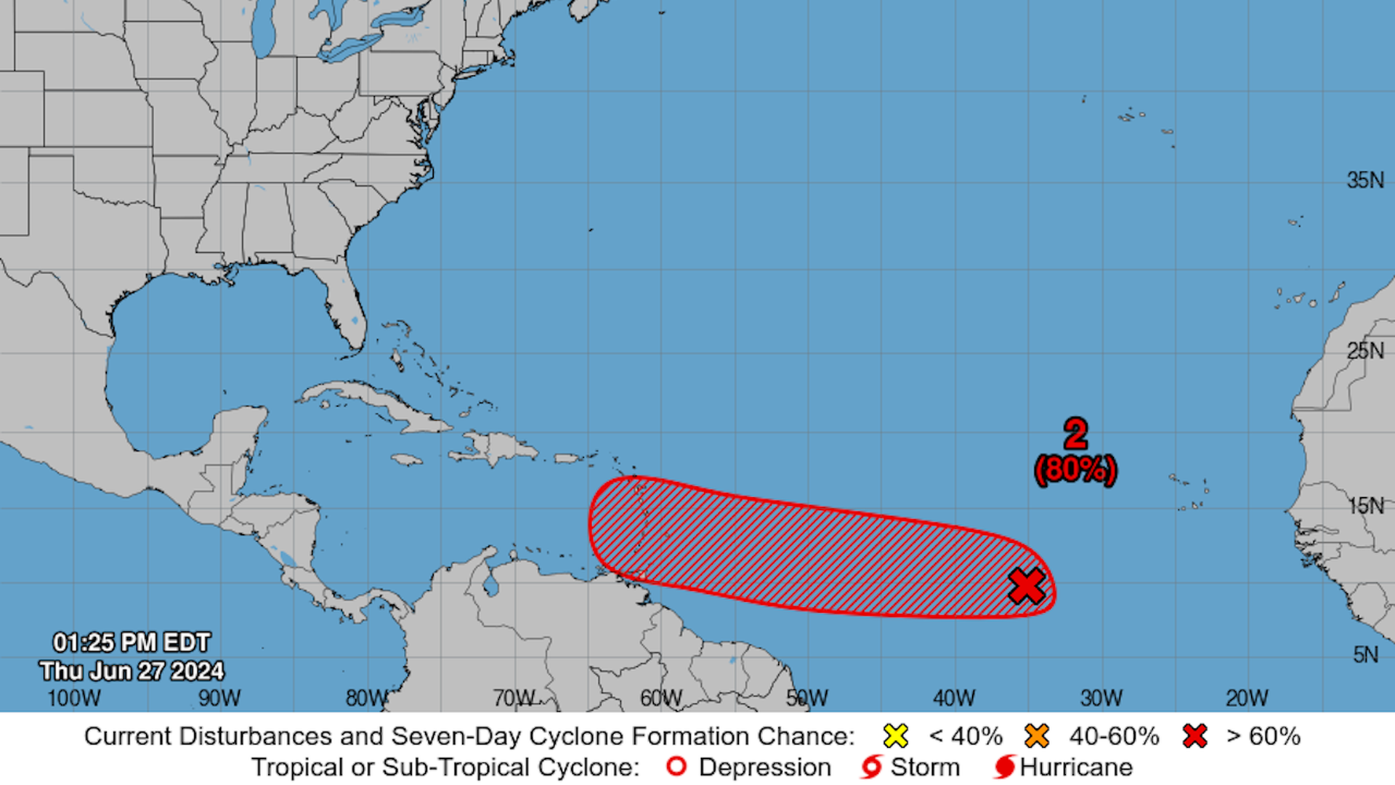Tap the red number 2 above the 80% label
click(x=1075, y=434)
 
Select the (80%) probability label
click(x=1075, y=470)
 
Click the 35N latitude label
click(x=1365, y=180)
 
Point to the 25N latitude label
click(x=1365, y=351)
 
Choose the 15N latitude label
click(x=1366, y=505)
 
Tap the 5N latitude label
click(x=1366, y=654)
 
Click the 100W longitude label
click(x=74, y=699)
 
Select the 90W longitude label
click(x=219, y=699)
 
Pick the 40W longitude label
click(x=954, y=699)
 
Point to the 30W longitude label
click(x=1101, y=699)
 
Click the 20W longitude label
click(x=1248, y=699)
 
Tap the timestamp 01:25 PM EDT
click(x=132, y=643)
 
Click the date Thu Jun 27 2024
click(x=132, y=671)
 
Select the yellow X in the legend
click(x=896, y=736)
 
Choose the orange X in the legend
click(x=1037, y=736)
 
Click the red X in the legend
click(x=1194, y=736)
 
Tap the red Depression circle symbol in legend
click(x=676, y=767)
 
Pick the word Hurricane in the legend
click(x=1076, y=767)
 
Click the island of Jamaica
click(x=407, y=459)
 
